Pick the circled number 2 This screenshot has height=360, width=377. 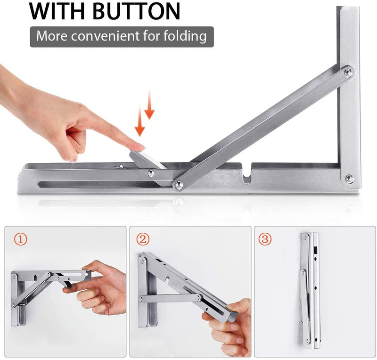pos(143,239)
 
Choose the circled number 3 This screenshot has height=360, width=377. pos(265,239)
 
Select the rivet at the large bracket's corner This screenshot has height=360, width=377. pos(349,179)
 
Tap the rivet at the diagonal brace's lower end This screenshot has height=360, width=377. pos(178,185)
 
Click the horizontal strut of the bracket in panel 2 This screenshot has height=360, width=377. pos(170,298)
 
